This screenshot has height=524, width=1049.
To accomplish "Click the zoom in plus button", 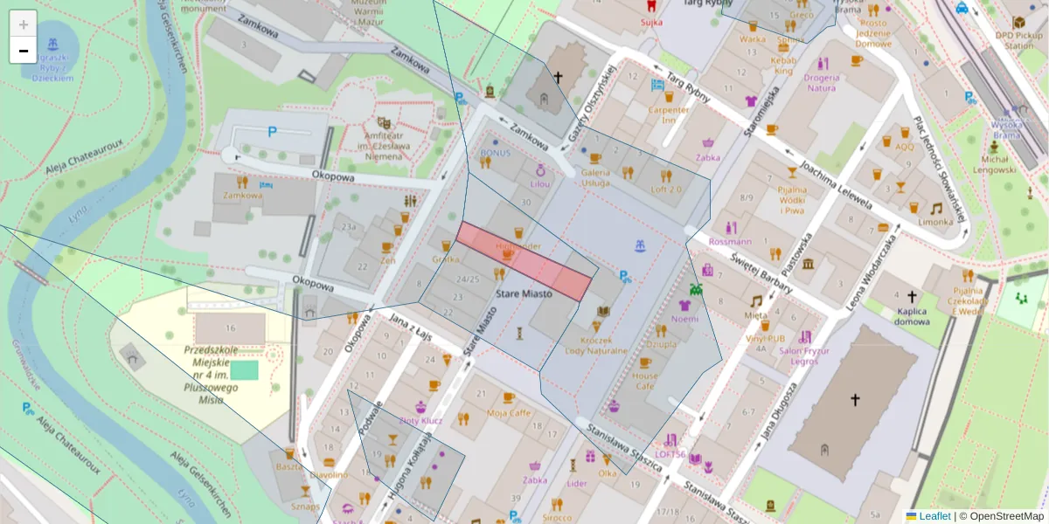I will (x=24, y=24).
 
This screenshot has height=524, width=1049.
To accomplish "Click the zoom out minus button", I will (x=24, y=51).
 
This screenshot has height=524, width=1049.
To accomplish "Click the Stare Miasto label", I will (x=524, y=294).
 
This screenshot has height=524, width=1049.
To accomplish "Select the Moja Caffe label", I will (x=509, y=412).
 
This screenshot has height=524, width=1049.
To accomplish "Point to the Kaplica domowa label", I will (x=912, y=315).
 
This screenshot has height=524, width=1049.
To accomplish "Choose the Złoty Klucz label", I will (x=420, y=420).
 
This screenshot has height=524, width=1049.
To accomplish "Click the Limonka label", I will (x=935, y=222).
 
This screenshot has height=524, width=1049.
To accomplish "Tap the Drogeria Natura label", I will (x=822, y=82).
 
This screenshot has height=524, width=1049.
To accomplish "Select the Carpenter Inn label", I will (x=669, y=114).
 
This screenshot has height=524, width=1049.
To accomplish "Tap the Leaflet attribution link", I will (x=934, y=516).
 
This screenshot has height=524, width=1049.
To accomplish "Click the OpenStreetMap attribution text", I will (x=1005, y=516).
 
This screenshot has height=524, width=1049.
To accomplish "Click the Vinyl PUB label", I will (x=765, y=338).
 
